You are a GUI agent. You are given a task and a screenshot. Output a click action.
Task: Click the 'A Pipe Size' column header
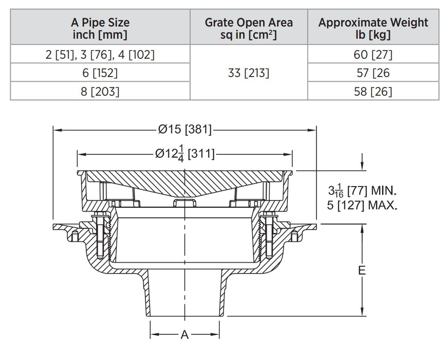[x=100, y=28]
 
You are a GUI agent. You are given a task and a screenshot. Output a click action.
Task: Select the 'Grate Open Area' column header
[x=249, y=28]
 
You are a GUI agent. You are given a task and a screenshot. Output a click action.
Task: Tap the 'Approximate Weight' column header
[x=373, y=28]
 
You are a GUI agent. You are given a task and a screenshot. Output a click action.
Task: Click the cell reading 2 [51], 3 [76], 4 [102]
[x=100, y=55]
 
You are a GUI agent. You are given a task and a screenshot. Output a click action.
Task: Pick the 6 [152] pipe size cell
[x=100, y=73]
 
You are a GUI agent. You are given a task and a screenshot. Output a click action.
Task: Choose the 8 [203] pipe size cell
[x=100, y=91]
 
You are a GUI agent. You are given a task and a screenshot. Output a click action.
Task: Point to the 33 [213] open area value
[x=249, y=73]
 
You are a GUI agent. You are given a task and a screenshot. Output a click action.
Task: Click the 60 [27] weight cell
[x=373, y=55]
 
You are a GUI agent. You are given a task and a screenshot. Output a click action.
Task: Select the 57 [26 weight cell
[x=373, y=73]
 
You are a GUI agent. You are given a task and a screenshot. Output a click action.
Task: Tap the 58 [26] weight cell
[x=373, y=91]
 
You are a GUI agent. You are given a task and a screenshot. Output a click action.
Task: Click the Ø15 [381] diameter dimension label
[x=184, y=130]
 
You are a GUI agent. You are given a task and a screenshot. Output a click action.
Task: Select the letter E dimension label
[x=362, y=270]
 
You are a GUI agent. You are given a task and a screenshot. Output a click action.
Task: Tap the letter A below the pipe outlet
[x=184, y=335]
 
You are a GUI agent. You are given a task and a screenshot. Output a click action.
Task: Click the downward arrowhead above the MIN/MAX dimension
[x=363, y=166]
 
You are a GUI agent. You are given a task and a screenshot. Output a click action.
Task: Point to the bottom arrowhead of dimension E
[x=363, y=311]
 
